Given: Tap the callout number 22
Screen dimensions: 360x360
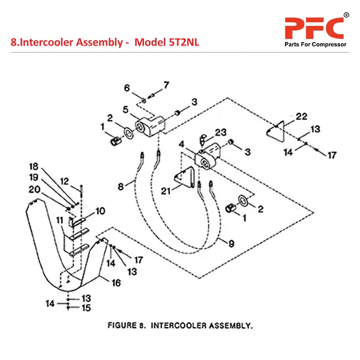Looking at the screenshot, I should (x=301, y=116).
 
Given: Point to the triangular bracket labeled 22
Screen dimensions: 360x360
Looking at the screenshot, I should (x=277, y=133).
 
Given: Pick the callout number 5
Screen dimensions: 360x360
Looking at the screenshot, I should (x=126, y=109).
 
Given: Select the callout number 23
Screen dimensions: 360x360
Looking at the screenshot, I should (x=220, y=132).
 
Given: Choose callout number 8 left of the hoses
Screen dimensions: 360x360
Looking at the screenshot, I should (x=120, y=187).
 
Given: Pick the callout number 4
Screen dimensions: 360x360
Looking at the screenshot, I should (x=181, y=144).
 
